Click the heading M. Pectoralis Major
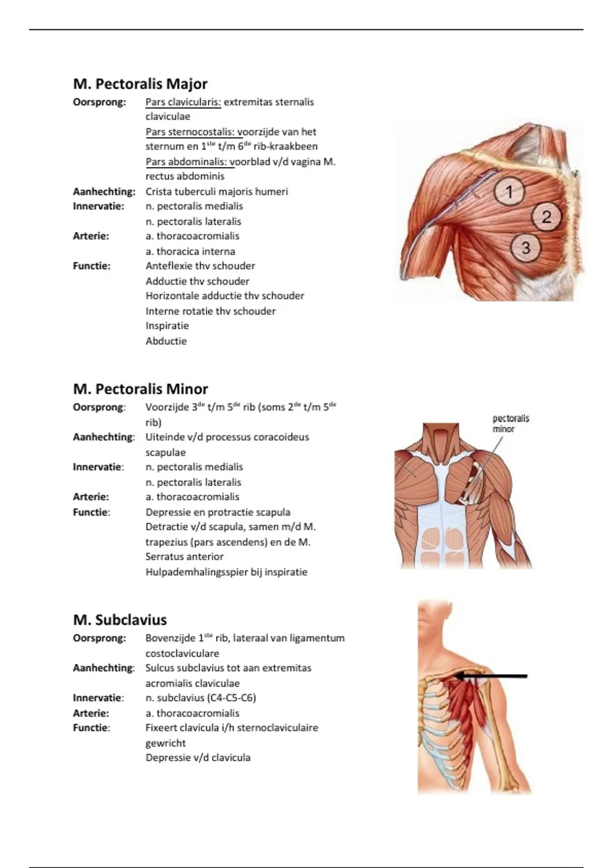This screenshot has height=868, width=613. [140, 84]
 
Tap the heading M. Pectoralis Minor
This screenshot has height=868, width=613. [140, 389]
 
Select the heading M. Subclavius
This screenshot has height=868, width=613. [120, 620]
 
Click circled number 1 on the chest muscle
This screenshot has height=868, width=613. [509, 191]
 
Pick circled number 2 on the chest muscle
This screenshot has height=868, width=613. [546, 217]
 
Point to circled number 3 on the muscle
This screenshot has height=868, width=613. [525, 248]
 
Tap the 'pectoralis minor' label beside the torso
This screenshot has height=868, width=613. [510, 423]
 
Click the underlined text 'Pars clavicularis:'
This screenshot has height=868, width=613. [183, 102]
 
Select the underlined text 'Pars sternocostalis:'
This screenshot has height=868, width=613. [194, 132]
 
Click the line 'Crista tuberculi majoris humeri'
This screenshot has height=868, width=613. [217, 192]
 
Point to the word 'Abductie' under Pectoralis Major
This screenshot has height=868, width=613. [166, 341]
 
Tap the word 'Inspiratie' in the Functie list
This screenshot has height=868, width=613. [167, 326]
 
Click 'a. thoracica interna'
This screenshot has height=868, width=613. [190, 251]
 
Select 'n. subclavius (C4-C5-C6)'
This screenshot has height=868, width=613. [200, 698]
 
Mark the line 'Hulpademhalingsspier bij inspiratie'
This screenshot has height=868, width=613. [226, 572]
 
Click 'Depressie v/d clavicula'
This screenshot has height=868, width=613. [198, 758]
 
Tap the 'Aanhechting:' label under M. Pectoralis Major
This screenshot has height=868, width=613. [104, 192]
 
